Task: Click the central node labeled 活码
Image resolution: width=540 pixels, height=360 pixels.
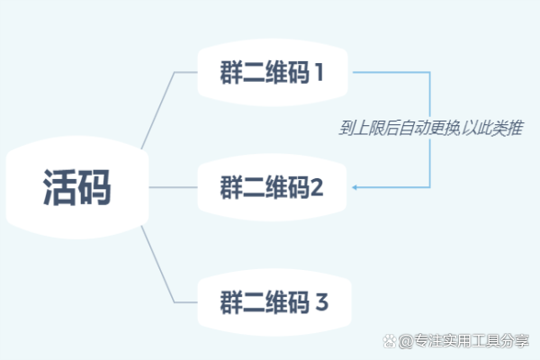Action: (77, 188)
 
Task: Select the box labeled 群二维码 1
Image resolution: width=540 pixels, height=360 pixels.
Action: (273, 72)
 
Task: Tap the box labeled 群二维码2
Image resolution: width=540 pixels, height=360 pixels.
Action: (273, 188)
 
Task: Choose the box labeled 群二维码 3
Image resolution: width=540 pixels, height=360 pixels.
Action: (273, 301)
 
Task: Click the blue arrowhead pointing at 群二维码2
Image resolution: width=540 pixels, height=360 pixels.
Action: (356, 188)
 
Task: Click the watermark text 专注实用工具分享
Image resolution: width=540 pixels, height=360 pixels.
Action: (472, 342)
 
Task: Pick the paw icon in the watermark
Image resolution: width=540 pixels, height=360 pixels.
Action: (389, 342)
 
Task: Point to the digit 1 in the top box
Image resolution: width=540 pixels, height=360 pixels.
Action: (318, 72)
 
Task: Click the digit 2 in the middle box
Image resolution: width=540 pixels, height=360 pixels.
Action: (317, 188)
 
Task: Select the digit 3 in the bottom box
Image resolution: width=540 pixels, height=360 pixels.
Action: (321, 301)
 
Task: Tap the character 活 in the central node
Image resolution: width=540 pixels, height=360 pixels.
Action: (59, 188)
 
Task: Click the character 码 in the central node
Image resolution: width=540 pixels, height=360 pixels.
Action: (95, 188)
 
